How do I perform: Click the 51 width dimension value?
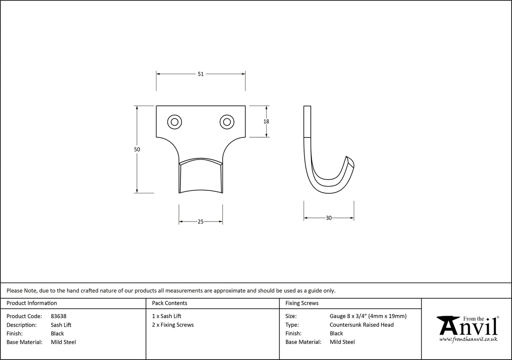click(201, 74)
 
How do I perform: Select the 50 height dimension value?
click(137, 149)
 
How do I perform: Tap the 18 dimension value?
click(266, 122)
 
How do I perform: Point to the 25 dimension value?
click(201, 222)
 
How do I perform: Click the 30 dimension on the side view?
click(329, 218)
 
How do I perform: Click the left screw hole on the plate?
click(174, 122)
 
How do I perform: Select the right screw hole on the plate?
click(227, 122)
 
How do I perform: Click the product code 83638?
click(58, 316)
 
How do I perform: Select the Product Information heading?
click(32, 303)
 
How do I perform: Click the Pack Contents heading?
click(170, 303)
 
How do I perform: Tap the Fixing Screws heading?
click(302, 303)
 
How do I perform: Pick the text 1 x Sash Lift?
click(167, 316)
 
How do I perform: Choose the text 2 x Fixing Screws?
click(173, 325)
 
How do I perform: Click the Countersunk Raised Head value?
click(361, 325)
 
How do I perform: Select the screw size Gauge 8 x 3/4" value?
click(368, 316)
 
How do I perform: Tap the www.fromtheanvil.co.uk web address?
click(468, 339)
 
